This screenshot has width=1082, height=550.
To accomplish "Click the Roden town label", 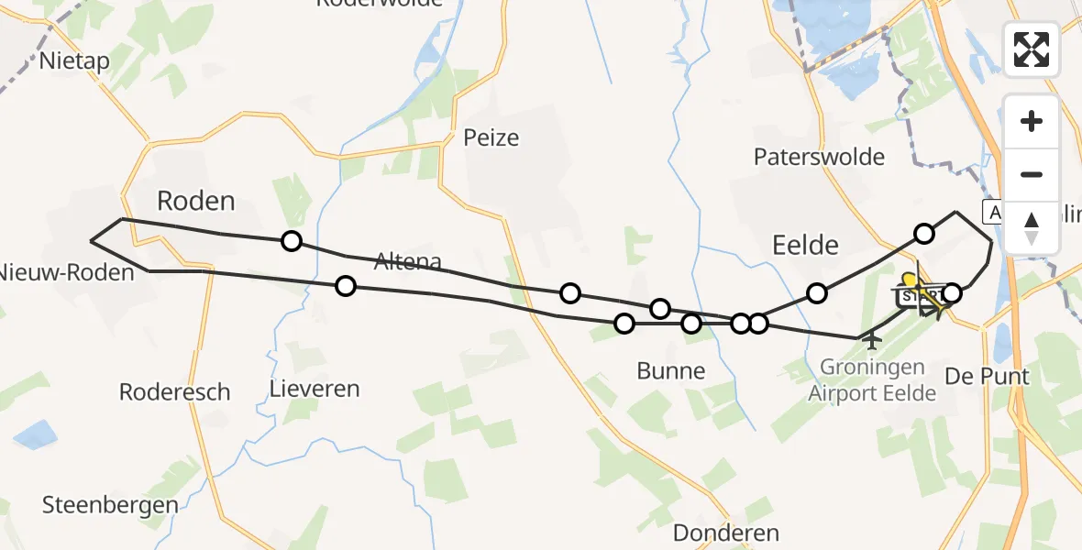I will coord(196,201).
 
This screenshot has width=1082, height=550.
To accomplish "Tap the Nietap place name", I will coord(75,61).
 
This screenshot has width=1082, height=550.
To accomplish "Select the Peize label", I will coord(491,137).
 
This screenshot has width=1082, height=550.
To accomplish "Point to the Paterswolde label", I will coord(819,157).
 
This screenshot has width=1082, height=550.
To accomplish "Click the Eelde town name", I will coord(806,245).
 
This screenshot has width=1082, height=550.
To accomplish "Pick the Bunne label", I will coord(671,371).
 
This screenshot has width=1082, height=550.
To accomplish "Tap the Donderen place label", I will coord(725,533).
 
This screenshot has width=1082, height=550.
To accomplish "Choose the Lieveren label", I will coord(315,389).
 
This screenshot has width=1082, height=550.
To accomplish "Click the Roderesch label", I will coord(174,392).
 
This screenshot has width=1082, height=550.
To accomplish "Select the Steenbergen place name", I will coord(110,505).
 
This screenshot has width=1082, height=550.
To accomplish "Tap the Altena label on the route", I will coord(408,262).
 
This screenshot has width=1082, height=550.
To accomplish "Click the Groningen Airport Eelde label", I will coord(872,380).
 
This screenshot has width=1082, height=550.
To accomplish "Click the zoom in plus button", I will coord(1032,121).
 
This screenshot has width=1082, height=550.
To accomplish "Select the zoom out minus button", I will coord(1032,174).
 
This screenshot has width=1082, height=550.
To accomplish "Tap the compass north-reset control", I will coord(1032,226).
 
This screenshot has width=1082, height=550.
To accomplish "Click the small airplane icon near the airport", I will coord(871,341).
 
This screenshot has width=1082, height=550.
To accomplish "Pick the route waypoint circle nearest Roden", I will coord(291,241).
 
